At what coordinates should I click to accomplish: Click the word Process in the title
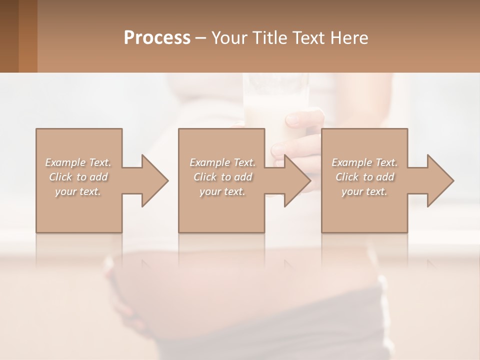click(x=157, y=38)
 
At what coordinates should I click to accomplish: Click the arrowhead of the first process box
click(x=153, y=180)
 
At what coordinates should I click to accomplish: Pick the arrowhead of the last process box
click(x=439, y=180)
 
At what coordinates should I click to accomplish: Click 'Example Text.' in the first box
click(x=78, y=162)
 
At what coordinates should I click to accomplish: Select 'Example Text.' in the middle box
click(x=222, y=162)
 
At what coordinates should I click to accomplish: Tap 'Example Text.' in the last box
click(x=364, y=162)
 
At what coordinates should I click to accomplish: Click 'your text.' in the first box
click(x=78, y=191)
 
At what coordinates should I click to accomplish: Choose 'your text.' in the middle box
click(x=222, y=191)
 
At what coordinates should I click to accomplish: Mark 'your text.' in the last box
click(x=364, y=191)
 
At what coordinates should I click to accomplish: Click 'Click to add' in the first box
click(x=78, y=177)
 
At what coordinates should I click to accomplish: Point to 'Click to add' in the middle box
click(x=222, y=177)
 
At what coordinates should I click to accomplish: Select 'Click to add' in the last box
click(x=364, y=177)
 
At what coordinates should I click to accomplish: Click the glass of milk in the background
click(x=275, y=100)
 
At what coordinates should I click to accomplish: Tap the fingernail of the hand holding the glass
click(x=291, y=119)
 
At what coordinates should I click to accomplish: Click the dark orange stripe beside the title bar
click(x=27, y=36)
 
